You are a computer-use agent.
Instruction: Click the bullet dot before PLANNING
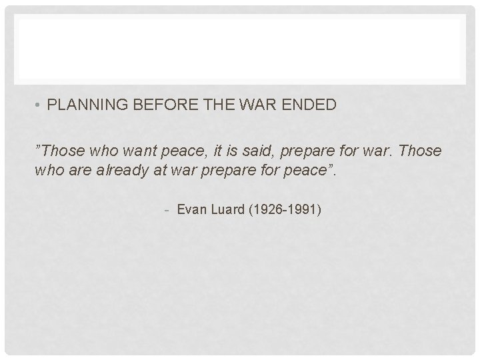click(39, 105)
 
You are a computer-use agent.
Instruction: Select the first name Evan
click(192, 211)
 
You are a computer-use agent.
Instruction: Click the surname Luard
click(228, 211)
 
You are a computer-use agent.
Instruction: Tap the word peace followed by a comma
click(177, 151)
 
